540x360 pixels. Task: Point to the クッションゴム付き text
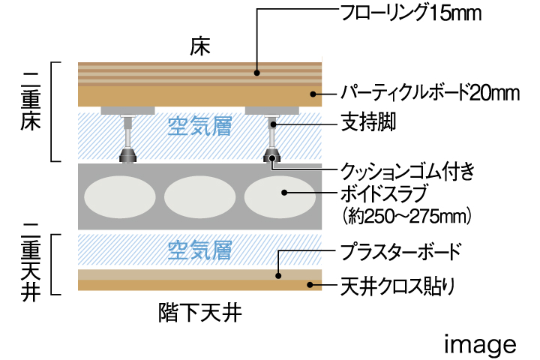408,171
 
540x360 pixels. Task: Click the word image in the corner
480,344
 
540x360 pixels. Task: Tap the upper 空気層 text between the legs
199,127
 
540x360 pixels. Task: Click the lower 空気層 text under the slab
199,248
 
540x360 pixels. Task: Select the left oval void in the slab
118,197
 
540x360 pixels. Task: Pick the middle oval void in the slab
199,197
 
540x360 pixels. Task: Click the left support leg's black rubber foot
130,156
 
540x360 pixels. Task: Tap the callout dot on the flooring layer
256,73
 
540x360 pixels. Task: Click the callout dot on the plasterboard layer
278,275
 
